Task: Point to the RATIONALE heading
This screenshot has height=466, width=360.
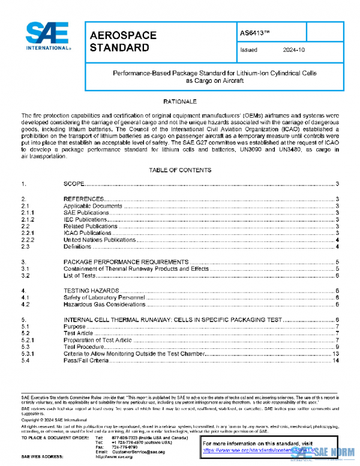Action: (x=181, y=102)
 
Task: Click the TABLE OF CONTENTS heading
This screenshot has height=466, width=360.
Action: (x=180, y=171)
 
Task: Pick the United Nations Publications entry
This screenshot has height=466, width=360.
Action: (x=98, y=240)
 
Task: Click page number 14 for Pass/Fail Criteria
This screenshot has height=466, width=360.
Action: (x=336, y=360)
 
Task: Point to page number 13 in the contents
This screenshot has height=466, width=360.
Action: (x=336, y=354)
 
